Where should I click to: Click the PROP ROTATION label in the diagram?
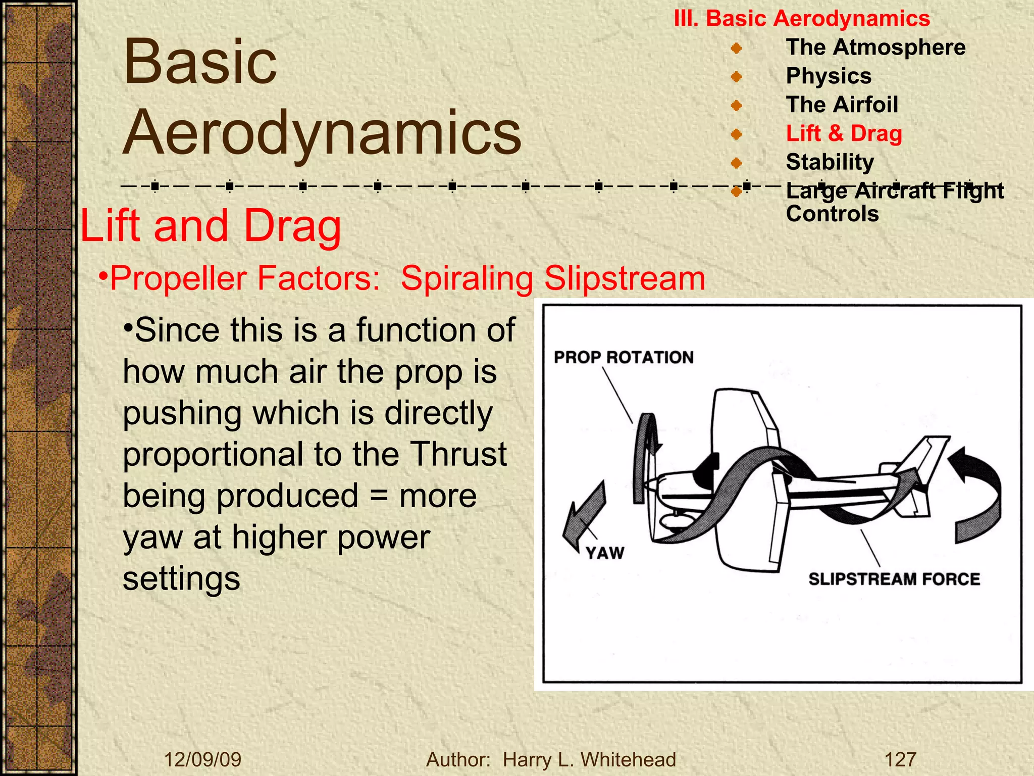click(624, 357)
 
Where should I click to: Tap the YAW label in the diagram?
click(605, 553)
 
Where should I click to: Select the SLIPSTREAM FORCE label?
click(894, 578)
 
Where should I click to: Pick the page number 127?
click(900, 759)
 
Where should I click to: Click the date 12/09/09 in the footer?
click(203, 759)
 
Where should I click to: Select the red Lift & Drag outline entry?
click(844, 133)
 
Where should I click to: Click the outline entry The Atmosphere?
click(875, 47)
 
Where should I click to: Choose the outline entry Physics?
click(829, 76)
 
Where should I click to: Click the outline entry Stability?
click(830, 162)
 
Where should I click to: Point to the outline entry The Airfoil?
click(842, 105)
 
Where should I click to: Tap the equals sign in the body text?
click(379, 496)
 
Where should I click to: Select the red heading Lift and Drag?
click(211, 225)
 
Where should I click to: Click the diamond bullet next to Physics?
click(736, 77)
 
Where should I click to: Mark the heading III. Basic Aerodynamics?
click(802, 19)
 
